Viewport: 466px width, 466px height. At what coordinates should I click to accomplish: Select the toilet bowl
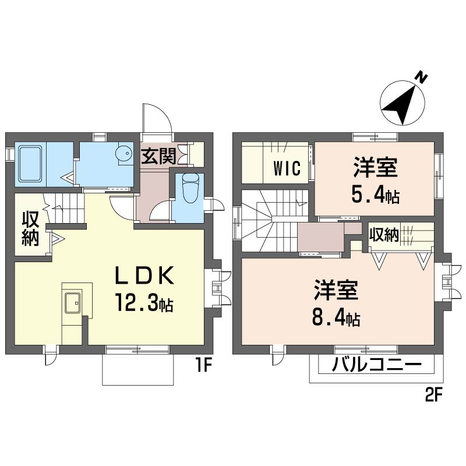click(191, 188)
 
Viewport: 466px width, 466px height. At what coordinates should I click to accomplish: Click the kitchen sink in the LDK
click(72, 302)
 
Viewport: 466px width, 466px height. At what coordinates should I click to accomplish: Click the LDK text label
click(144, 276)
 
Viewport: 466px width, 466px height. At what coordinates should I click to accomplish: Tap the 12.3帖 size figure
click(145, 302)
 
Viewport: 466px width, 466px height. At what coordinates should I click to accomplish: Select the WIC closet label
click(287, 168)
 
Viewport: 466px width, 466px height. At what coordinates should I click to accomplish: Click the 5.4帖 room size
click(375, 195)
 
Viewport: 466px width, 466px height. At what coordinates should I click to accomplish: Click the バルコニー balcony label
click(376, 365)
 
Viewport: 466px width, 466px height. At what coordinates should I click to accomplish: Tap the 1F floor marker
click(203, 365)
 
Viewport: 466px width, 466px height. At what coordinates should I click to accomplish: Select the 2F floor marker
click(434, 396)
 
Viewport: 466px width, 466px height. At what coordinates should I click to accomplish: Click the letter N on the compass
click(421, 77)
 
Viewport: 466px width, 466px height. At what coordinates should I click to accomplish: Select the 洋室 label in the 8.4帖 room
click(336, 290)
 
